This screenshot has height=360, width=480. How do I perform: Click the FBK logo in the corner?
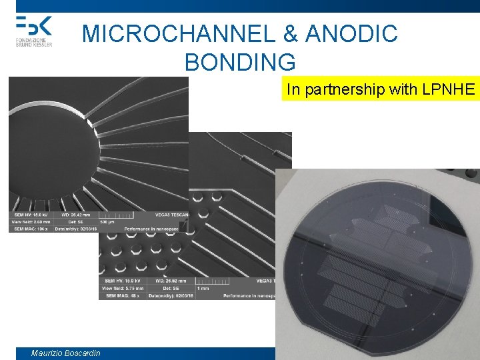point(33,25)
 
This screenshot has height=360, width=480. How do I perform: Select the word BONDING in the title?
point(240,62)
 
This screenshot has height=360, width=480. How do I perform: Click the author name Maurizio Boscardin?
point(65,353)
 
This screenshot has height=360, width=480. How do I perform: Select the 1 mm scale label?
point(202,288)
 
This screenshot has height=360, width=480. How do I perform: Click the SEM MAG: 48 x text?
point(122,295)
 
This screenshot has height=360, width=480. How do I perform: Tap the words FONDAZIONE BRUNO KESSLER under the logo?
point(34,42)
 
